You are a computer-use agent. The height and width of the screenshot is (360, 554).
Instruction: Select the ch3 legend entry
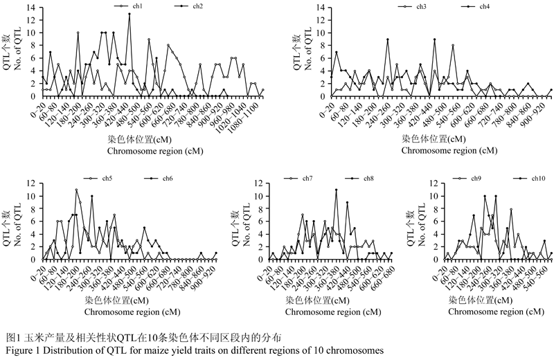(422, 6)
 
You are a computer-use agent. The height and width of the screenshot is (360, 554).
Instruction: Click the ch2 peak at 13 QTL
(129, 14)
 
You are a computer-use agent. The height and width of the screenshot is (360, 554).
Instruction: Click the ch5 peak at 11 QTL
(76, 190)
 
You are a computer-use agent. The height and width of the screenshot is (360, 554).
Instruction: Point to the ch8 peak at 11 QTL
(336, 190)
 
